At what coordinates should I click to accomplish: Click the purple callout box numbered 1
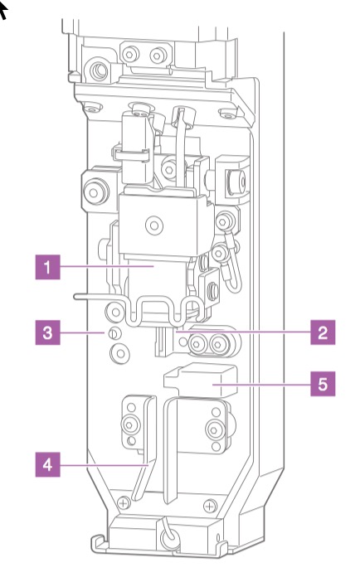click(x=47, y=267)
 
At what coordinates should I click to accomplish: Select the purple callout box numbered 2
click(x=323, y=332)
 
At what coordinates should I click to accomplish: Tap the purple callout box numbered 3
click(x=47, y=332)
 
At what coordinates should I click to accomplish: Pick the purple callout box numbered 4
click(x=47, y=464)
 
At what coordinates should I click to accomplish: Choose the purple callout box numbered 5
click(x=323, y=384)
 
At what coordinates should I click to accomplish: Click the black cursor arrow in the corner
click(x=2, y=10)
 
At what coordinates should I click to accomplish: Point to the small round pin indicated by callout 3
click(x=114, y=334)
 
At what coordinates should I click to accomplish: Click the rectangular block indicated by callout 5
click(x=201, y=380)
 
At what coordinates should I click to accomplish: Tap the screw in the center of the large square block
click(x=154, y=225)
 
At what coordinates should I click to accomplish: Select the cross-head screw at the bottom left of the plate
click(x=124, y=502)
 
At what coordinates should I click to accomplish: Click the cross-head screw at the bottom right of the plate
click(x=210, y=507)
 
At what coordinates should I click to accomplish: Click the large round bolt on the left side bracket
click(x=95, y=192)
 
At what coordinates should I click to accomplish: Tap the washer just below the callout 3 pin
click(x=119, y=354)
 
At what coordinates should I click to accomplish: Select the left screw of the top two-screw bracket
click(x=130, y=55)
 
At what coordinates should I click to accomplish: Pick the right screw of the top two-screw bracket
click(x=158, y=56)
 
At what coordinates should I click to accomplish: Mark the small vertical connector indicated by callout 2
click(x=161, y=342)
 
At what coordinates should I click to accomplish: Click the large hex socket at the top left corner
click(x=99, y=70)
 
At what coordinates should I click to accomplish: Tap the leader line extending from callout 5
click(x=261, y=385)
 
